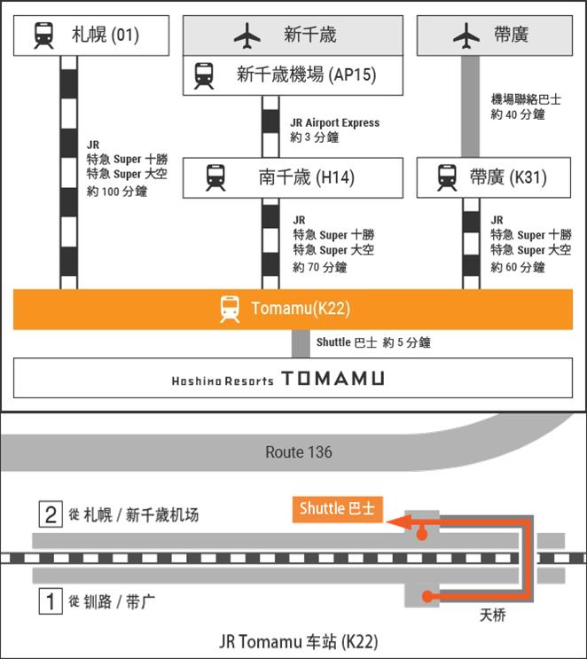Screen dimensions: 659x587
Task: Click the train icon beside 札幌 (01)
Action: [43, 35]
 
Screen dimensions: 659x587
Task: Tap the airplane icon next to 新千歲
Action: [247, 35]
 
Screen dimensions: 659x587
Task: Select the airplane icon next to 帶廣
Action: [466, 35]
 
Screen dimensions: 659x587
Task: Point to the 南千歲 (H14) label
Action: [306, 177]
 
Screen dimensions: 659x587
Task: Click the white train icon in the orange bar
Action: [230, 309]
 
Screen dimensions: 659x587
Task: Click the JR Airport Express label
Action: [334, 122]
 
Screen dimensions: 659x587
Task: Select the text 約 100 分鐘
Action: [117, 192]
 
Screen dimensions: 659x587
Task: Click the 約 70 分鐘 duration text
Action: [320, 267]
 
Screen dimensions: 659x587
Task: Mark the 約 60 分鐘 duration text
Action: [518, 267]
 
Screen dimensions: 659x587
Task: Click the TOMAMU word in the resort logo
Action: [333, 379]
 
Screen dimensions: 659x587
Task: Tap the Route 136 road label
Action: [299, 452]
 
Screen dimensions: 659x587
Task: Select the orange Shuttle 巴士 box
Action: [337, 509]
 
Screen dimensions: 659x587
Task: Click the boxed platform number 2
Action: [51, 514]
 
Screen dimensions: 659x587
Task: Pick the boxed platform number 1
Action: [51, 602]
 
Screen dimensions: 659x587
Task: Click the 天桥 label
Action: [492, 615]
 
